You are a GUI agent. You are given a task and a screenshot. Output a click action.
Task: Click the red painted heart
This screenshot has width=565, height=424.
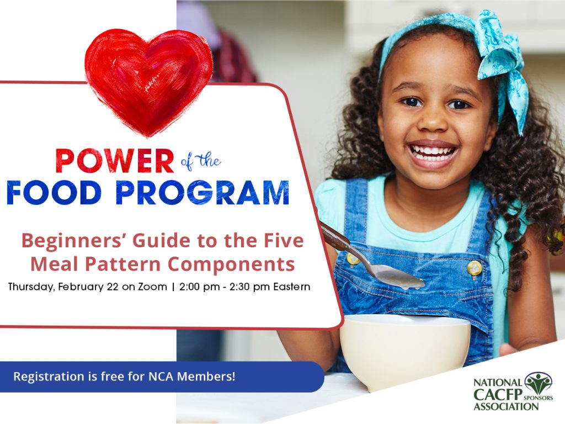(148, 80)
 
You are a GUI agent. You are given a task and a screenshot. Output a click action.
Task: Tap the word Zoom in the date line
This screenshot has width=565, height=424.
(156, 287)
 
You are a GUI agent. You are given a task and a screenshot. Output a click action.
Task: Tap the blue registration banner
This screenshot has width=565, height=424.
(160, 377)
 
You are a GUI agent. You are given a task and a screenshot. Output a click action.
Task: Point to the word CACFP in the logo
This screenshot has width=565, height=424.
(496, 395)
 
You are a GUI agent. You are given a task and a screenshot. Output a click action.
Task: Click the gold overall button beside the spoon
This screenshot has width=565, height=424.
(473, 268)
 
